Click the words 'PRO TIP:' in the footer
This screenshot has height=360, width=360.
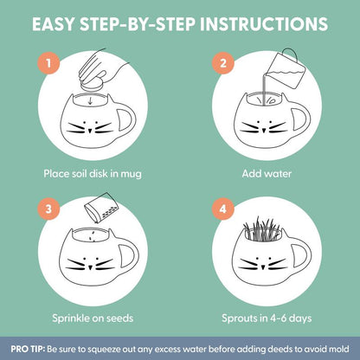pos(30,348)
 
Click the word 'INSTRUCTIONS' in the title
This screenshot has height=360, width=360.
pos(254,21)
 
